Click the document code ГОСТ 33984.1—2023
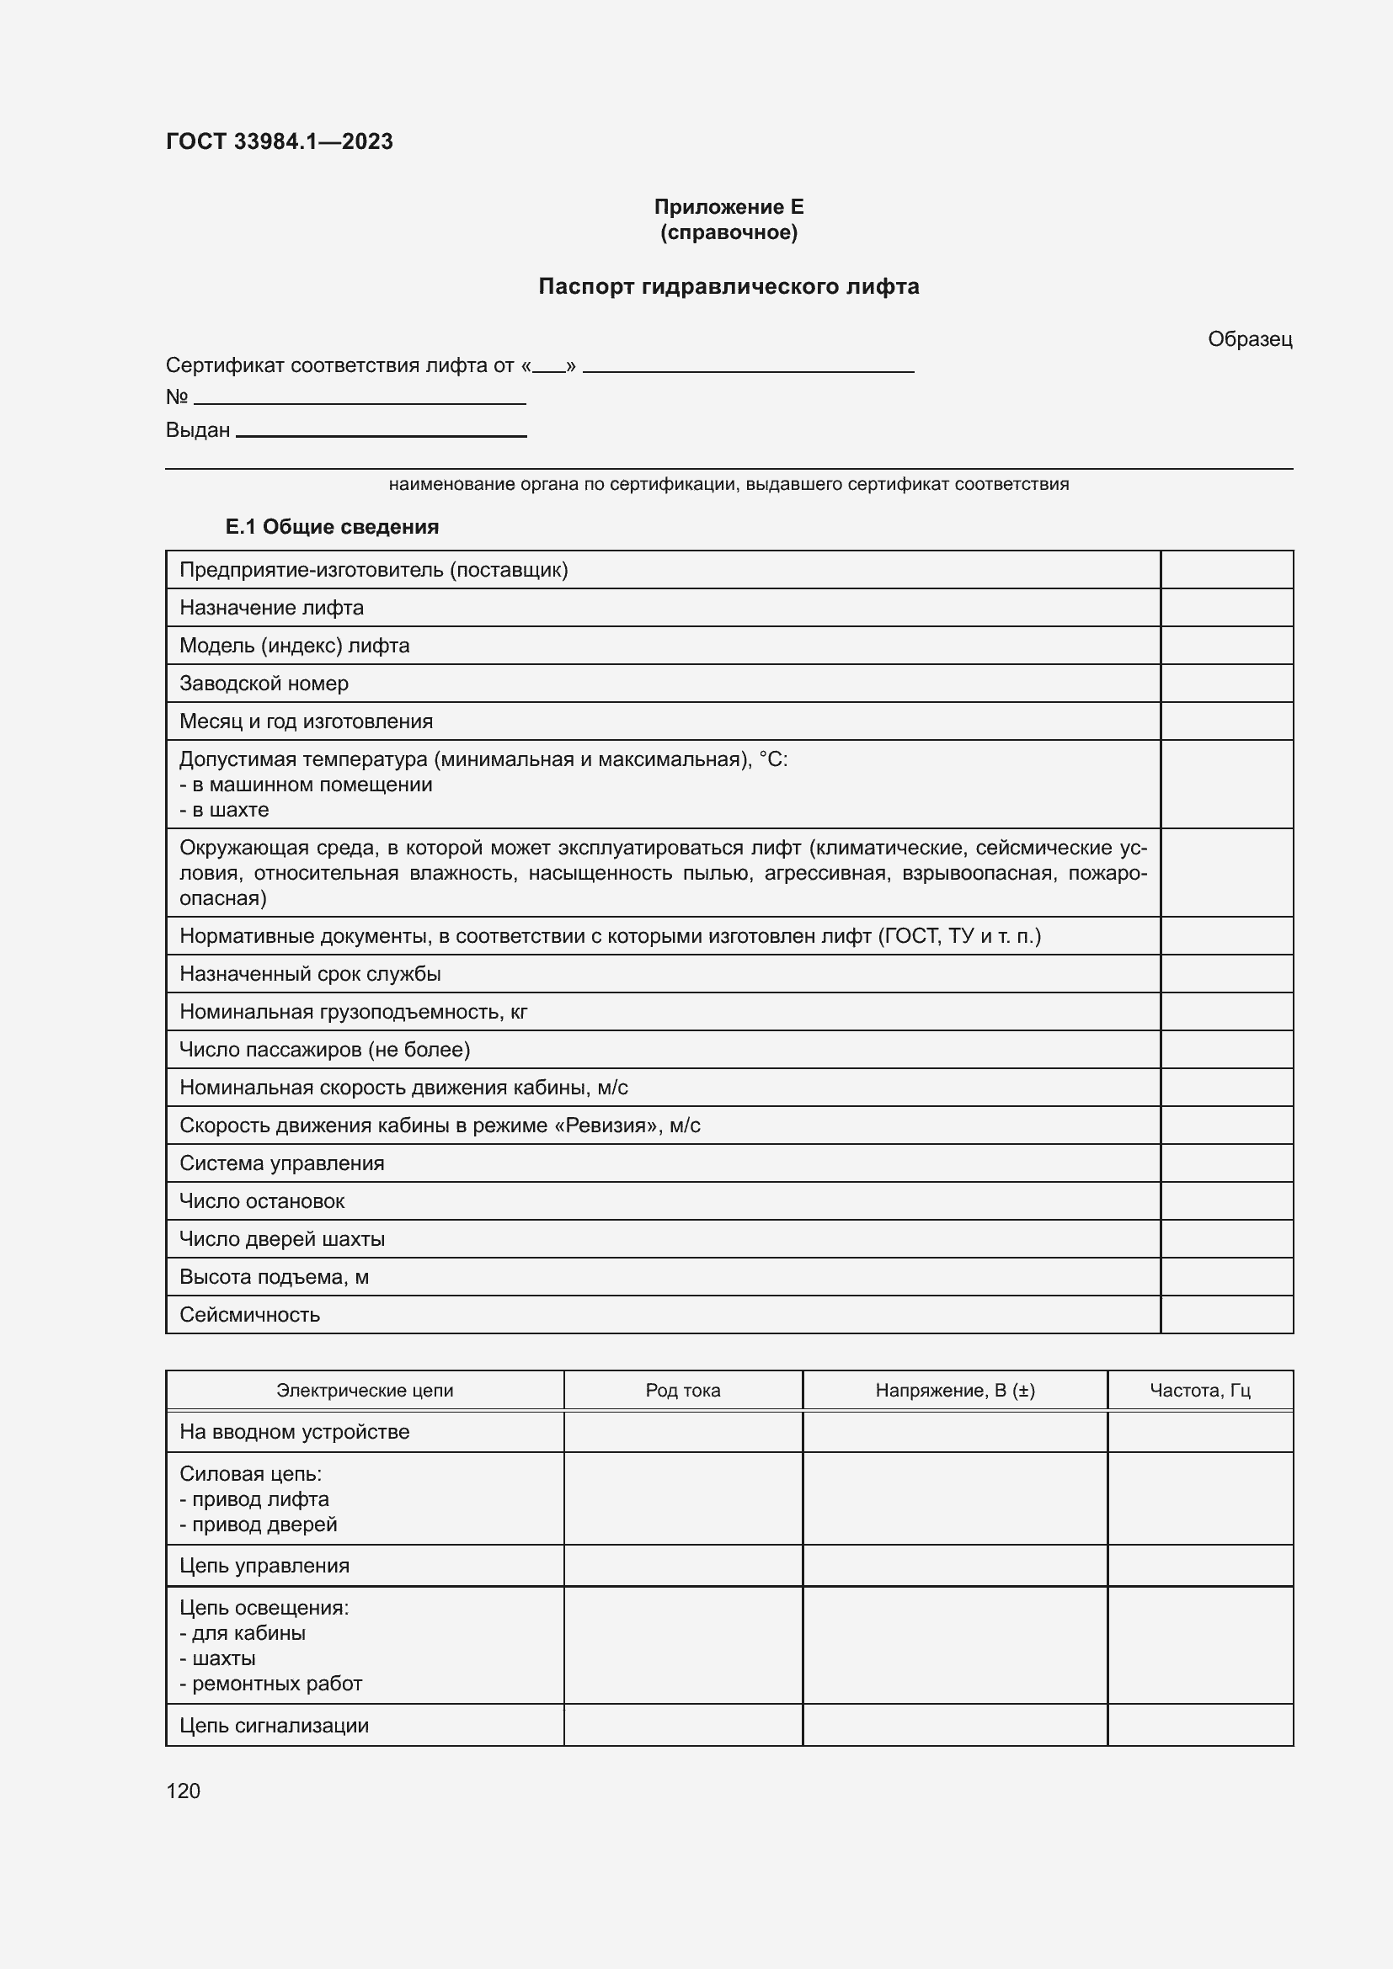point(279,141)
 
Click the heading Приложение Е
point(729,207)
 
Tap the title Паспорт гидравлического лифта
point(729,286)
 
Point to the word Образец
point(1249,339)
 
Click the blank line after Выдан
point(381,434)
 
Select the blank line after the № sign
point(360,401)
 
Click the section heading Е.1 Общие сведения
point(331,526)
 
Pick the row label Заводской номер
point(264,684)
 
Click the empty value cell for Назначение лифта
point(1225,607)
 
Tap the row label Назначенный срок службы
point(310,973)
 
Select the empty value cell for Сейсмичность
point(1225,1315)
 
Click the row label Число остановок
point(262,1200)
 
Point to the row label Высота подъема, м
point(274,1277)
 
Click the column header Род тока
point(683,1390)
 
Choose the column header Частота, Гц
point(1199,1390)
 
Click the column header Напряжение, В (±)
point(955,1390)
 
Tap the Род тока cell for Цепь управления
point(683,1565)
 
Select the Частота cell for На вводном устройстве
point(1199,1431)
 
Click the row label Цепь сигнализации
point(274,1726)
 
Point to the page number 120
point(183,1791)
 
